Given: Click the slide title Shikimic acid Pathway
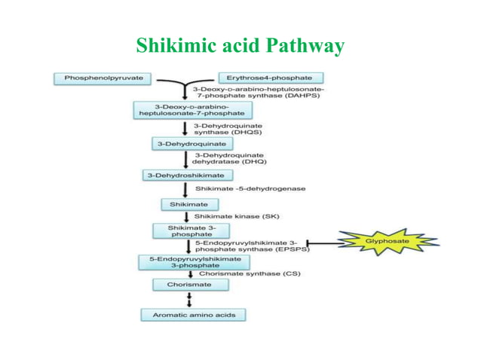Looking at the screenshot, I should [x=240, y=47].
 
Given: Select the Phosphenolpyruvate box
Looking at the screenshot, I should [x=102, y=78].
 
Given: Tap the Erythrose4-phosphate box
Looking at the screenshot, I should [x=271, y=78].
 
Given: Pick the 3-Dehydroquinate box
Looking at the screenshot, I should [x=177, y=142].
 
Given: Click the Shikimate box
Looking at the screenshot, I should [x=188, y=204].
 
